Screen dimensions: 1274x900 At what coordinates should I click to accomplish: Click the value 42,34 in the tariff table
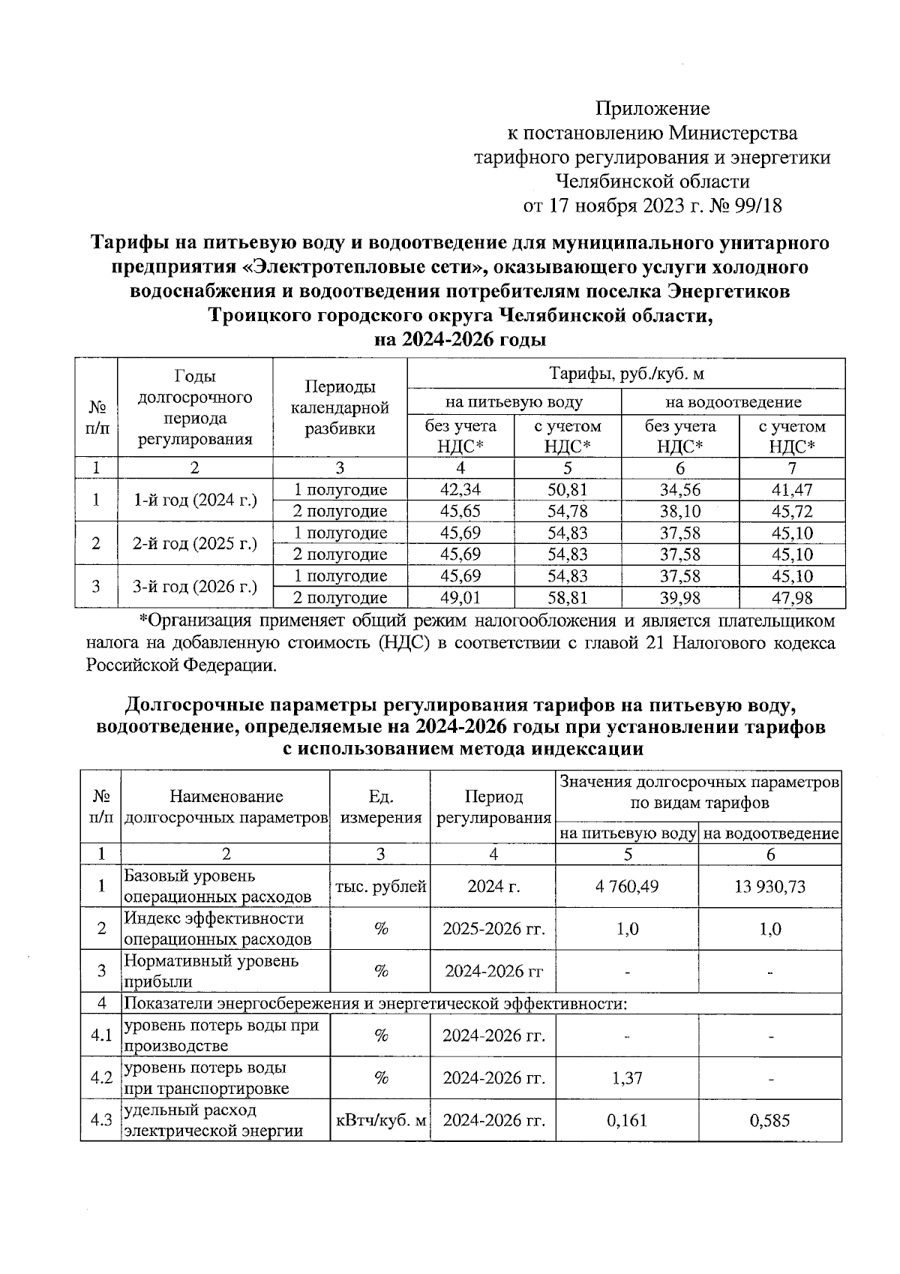pyautogui.click(x=460, y=490)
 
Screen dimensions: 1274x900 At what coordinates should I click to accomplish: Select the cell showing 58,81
pyautogui.click(x=568, y=598)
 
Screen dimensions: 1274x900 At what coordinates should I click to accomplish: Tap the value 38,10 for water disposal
pyautogui.click(x=679, y=512)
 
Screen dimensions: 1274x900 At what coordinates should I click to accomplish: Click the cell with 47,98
pyautogui.click(x=792, y=598)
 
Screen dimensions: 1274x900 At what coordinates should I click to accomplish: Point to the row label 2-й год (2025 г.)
pyautogui.click(x=194, y=543)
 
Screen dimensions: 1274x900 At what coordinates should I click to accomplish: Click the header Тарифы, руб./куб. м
pyautogui.click(x=626, y=374)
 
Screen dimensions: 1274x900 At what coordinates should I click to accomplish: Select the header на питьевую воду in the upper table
pyautogui.click(x=514, y=402)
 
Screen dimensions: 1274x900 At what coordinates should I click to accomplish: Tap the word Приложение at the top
pyautogui.click(x=652, y=109)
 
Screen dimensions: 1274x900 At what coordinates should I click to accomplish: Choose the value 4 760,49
pyautogui.click(x=627, y=887)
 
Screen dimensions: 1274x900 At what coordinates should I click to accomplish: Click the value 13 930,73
pyautogui.click(x=770, y=887)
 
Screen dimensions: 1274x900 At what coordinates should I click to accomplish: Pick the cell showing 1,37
pyautogui.click(x=627, y=1078)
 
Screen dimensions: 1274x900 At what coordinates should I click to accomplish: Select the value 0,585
pyautogui.click(x=770, y=1121)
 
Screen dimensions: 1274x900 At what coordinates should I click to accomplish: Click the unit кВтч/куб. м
pyautogui.click(x=381, y=1121)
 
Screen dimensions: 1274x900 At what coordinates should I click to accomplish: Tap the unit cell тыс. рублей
pyautogui.click(x=381, y=887)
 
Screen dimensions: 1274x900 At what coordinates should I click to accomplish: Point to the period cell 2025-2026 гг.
pyautogui.click(x=493, y=929)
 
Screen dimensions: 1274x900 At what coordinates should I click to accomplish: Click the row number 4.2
pyautogui.click(x=100, y=1078)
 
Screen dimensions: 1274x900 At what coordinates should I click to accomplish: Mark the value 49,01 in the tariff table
pyautogui.click(x=460, y=598)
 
